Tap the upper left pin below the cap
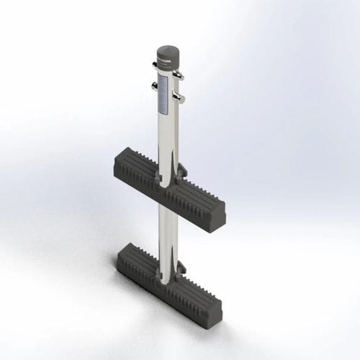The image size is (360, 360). click(156, 67)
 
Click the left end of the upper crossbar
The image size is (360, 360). click(117, 160)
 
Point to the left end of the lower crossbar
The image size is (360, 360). click(122, 253)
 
